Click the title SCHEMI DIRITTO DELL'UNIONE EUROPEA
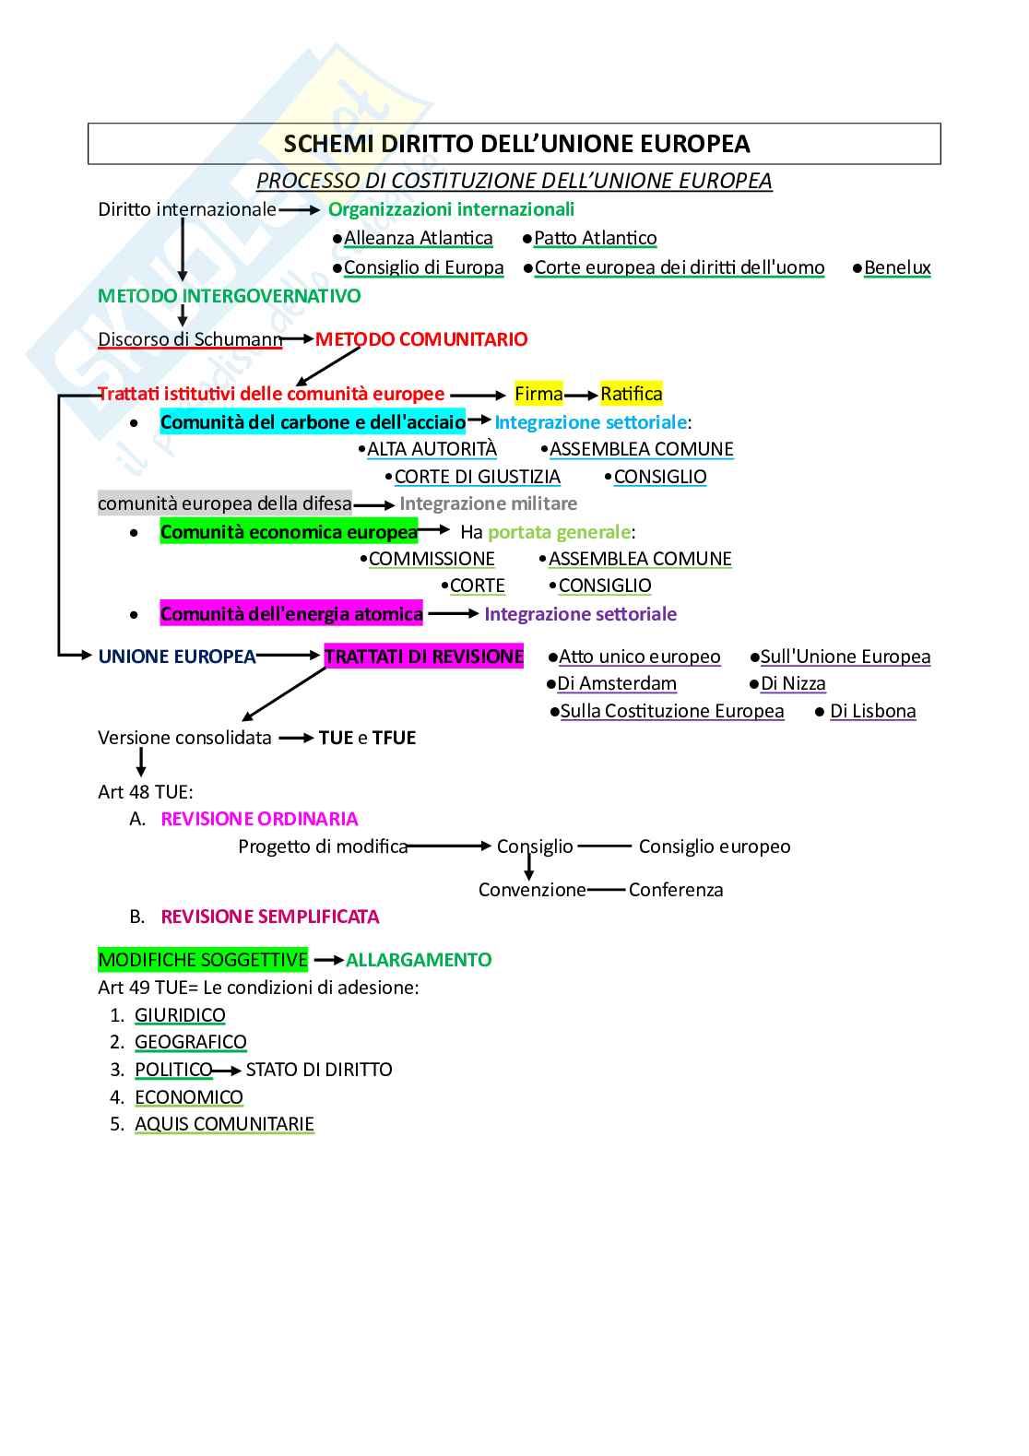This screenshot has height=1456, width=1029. click(516, 144)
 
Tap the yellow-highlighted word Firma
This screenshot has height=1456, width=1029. click(538, 394)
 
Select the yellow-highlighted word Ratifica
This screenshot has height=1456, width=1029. click(632, 394)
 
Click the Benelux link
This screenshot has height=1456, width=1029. click(897, 267)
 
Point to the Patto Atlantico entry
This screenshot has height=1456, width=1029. click(595, 238)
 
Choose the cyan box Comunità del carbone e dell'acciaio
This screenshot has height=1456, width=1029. click(313, 422)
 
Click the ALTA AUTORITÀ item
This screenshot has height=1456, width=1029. click(432, 449)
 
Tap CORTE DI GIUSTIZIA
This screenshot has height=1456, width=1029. click(477, 477)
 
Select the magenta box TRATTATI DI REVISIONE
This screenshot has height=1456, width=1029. click(424, 657)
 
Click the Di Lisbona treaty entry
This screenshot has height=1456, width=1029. click(872, 711)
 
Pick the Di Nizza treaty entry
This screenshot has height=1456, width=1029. click(793, 683)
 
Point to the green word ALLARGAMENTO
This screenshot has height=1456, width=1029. click(419, 960)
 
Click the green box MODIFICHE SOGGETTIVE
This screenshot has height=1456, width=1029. click(203, 960)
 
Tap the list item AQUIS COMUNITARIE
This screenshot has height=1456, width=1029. click(224, 1124)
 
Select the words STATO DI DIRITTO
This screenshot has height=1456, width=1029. click(319, 1070)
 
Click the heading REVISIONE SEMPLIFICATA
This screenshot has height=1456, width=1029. click(270, 917)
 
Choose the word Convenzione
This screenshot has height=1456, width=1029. click(532, 890)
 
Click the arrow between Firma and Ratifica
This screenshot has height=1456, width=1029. click(581, 396)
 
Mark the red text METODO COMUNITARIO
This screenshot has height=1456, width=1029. click(421, 339)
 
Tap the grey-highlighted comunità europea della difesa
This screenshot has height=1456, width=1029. click(225, 503)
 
